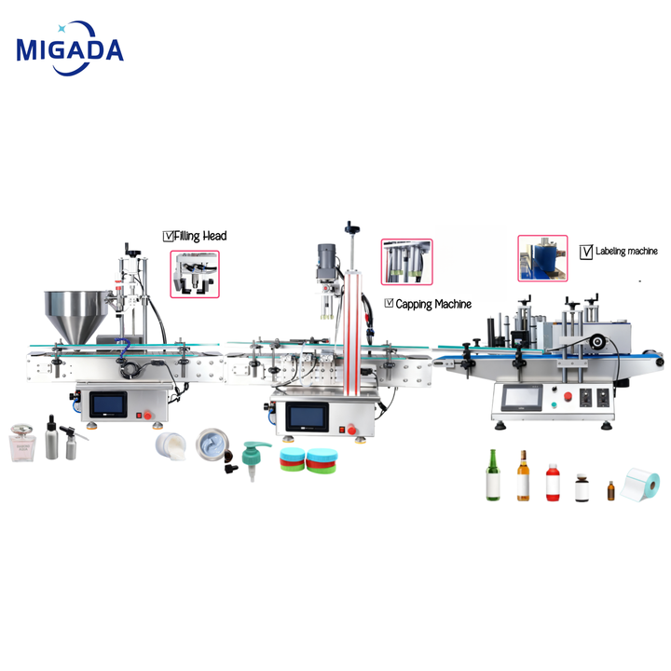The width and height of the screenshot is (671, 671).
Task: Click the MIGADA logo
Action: click(70, 48)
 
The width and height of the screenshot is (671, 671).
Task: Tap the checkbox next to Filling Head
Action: click(168, 236)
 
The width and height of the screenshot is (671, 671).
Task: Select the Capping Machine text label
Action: click(433, 304)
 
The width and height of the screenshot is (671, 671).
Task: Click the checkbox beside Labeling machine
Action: click(586, 252)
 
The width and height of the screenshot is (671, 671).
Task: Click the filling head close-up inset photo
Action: click(195, 274)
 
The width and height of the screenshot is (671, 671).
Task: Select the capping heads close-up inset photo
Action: click(406, 262)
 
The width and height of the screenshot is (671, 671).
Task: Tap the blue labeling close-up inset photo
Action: click(542, 258)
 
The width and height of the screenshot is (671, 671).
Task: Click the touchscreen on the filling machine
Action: click(108, 404)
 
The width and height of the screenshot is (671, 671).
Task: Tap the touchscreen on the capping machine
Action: click(308, 417)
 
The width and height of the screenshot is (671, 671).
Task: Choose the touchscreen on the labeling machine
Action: click(522, 398)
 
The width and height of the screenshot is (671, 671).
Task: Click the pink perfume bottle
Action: click(21, 443)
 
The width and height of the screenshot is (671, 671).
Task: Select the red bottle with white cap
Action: click(553, 483)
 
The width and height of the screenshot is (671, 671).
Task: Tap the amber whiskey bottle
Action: click(523, 475)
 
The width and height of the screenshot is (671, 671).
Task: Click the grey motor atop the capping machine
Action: click(326, 261)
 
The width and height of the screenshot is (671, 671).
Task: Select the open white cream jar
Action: click(171, 445)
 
